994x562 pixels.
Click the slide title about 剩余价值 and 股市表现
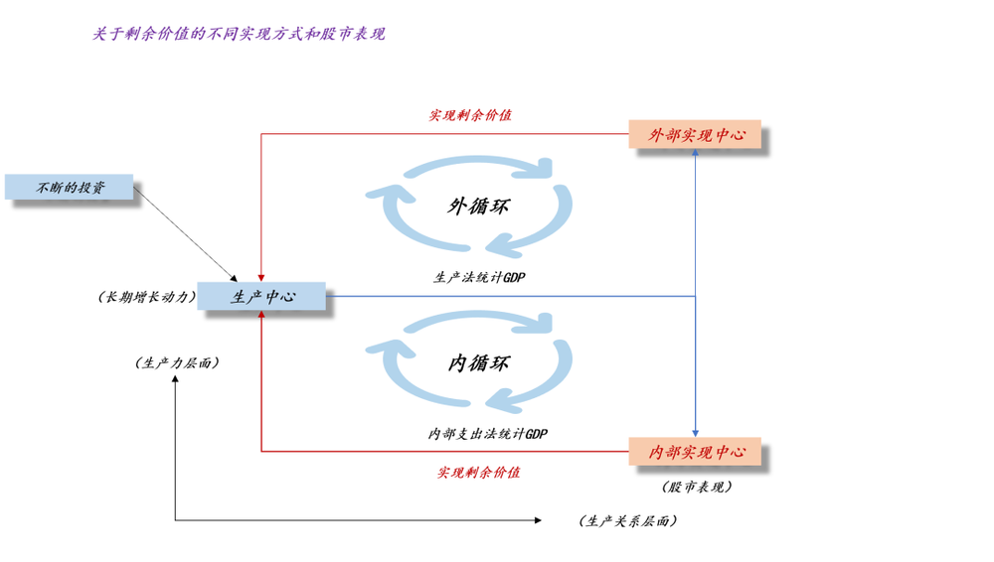pos(239,34)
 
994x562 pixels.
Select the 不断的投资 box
pos(70,187)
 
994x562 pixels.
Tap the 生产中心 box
pos(261,296)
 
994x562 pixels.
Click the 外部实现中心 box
pos(696,134)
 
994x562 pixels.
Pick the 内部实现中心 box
pos(696,452)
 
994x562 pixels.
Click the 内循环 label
pos(478,363)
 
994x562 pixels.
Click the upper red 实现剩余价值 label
pos(470,115)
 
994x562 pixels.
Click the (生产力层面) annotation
pos(177,362)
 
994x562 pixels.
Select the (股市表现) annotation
pos(696,487)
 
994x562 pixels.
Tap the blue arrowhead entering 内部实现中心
pos(696,432)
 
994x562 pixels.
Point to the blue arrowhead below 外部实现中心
pos(696,155)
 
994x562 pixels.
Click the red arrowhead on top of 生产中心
pos(260,277)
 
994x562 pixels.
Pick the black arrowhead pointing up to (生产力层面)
pos(176,380)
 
